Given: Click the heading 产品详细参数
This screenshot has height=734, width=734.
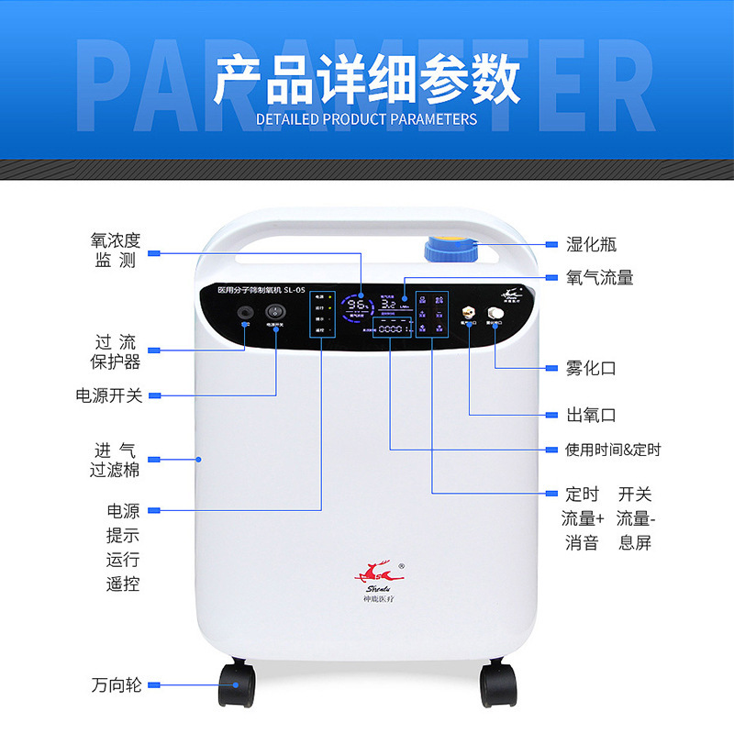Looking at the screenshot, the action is pyautogui.click(x=367, y=80).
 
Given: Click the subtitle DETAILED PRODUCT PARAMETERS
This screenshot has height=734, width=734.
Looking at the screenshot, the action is pyautogui.click(x=367, y=119).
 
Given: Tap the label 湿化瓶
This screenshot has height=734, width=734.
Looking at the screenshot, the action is pyautogui.click(x=592, y=244).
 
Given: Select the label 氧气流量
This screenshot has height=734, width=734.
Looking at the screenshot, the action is pyautogui.click(x=600, y=277).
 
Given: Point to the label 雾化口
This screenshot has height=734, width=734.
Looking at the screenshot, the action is pyautogui.click(x=592, y=369).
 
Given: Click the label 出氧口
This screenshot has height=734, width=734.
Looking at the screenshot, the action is pyautogui.click(x=592, y=416).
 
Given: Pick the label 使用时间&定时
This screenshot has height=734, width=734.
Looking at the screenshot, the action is pyautogui.click(x=613, y=450).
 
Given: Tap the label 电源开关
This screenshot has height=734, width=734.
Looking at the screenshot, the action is pyautogui.click(x=109, y=395).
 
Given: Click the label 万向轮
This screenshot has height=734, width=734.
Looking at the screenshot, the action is pyautogui.click(x=117, y=684).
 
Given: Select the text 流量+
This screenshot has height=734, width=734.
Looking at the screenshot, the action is pyautogui.click(x=583, y=518).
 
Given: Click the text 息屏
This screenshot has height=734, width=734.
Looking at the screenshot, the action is pyautogui.click(x=635, y=542).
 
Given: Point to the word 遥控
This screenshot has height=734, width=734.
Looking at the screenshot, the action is pyautogui.click(x=123, y=584).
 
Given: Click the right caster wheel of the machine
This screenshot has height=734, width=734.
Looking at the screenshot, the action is pyautogui.click(x=498, y=685).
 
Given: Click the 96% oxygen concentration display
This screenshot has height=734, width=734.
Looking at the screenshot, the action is pyautogui.click(x=357, y=305).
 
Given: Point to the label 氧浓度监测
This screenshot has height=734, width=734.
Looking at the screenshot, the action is pyautogui.click(x=116, y=250).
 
